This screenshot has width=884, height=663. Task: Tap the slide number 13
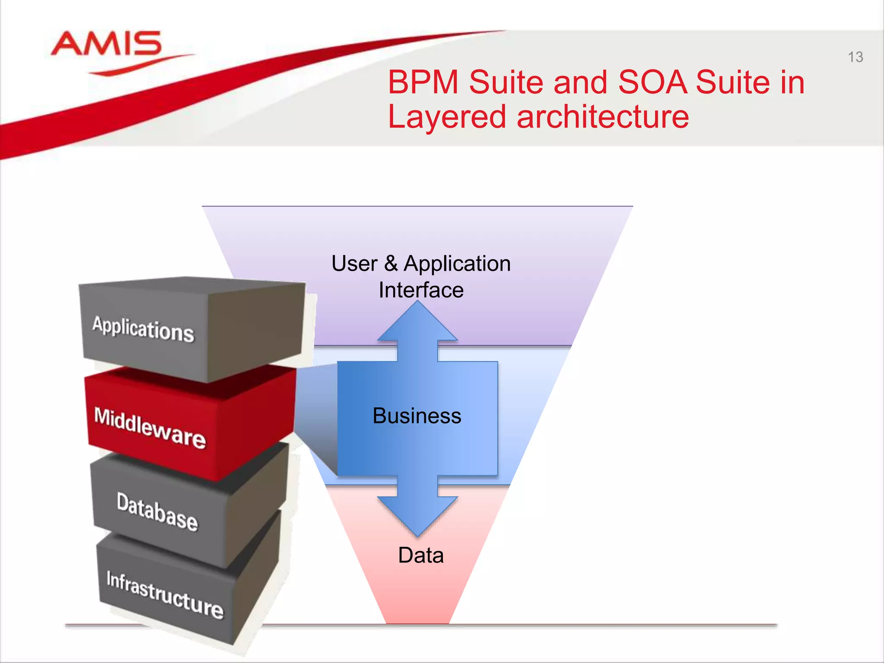[855, 57]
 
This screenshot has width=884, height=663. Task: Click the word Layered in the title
[447, 117]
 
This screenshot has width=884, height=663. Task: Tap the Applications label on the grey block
[143, 329]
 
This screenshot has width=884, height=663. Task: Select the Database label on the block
[157, 512]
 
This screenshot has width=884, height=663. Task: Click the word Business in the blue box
[417, 416]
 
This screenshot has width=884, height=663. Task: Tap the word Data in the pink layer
[421, 555]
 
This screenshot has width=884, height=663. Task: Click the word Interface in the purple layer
[421, 290]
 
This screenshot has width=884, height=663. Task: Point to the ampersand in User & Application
[391, 263]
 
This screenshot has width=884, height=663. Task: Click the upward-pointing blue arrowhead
[417, 322]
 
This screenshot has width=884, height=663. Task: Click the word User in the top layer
[354, 263]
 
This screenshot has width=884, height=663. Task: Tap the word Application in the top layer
[457, 263]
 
